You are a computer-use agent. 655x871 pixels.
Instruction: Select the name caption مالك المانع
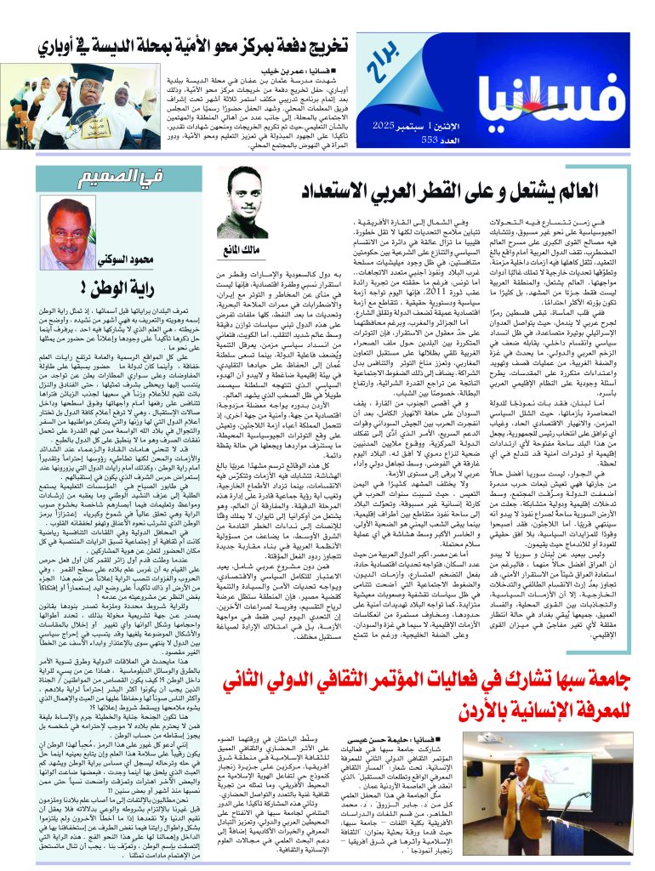click(x=248, y=249)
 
